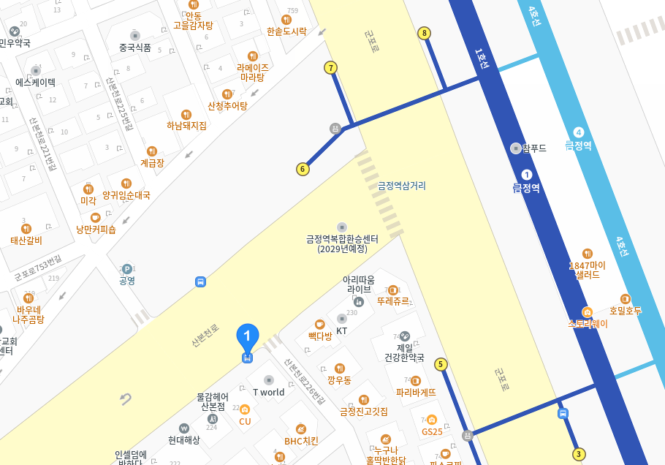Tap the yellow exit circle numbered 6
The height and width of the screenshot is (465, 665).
pyautogui.click(x=303, y=170)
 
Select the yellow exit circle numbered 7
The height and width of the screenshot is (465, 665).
pyautogui.click(x=331, y=68)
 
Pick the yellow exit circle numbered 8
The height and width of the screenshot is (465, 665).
pyautogui.click(x=424, y=33)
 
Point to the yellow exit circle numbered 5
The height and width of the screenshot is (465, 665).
pyautogui.click(x=441, y=364)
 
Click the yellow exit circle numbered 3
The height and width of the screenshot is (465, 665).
pyautogui.click(x=579, y=454)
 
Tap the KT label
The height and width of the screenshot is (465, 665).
pyautogui.click(x=341, y=330)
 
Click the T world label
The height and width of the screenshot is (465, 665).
pyautogui.click(x=268, y=392)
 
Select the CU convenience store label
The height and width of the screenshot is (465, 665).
pyautogui.click(x=245, y=420)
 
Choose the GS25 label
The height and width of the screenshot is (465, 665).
pyautogui.click(x=432, y=431)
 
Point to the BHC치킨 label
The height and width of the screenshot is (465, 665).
pyautogui.click(x=301, y=440)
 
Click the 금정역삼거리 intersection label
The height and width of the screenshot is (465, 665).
pyautogui.click(x=401, y=186)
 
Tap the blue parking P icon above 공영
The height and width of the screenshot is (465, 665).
pyautogui.click(x=127, y=269)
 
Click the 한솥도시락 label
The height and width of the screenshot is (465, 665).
pyautogui.click(x=286, y=31)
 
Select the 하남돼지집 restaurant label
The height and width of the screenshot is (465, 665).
pyautogui.click(x=186, y=125)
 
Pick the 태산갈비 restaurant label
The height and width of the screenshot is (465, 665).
pyautogui.click(x=26, y=240)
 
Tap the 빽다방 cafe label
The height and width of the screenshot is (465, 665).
pyautogui.click(x=320, y=336)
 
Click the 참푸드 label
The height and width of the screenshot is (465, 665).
pyautogui.click(x=533, y=148)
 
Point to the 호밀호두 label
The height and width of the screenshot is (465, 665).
pyautogui.click(x=625, y=310)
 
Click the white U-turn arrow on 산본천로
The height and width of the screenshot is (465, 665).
pyautogui.click(x=126, y=399)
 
